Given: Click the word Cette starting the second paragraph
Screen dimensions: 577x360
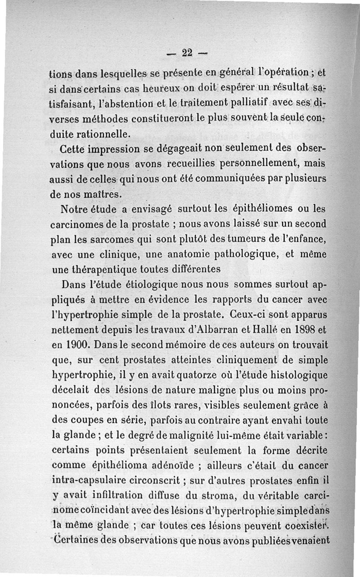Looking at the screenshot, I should [x=74, y=148].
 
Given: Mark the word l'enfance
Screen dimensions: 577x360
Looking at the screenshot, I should [x=302, y=239].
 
